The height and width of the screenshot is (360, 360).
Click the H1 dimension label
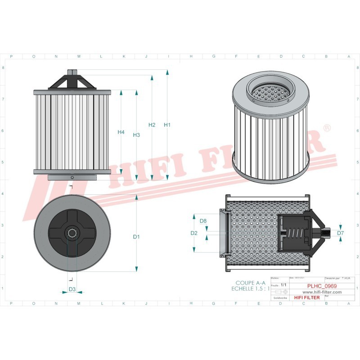coord(167,125)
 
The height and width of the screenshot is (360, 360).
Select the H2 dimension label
coord(152,125)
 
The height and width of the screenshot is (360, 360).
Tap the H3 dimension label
coord(137,135)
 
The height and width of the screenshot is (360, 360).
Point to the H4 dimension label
coord(121,132)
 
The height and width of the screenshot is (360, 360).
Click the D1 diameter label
coord(137,237)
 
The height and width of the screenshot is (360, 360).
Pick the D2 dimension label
coord(194,233)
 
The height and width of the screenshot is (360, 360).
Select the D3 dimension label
coord(72,289)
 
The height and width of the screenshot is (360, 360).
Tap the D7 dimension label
coord(340,233)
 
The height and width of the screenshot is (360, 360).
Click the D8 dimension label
coord(203,221)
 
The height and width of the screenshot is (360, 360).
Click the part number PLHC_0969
coord(321,286)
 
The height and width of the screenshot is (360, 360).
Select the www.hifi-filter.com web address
coord(319,292)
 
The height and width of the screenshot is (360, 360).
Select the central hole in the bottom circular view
coord(72,233)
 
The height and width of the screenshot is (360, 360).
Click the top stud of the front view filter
coord(72,72)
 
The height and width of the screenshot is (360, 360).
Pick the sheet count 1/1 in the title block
coord(283,285)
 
